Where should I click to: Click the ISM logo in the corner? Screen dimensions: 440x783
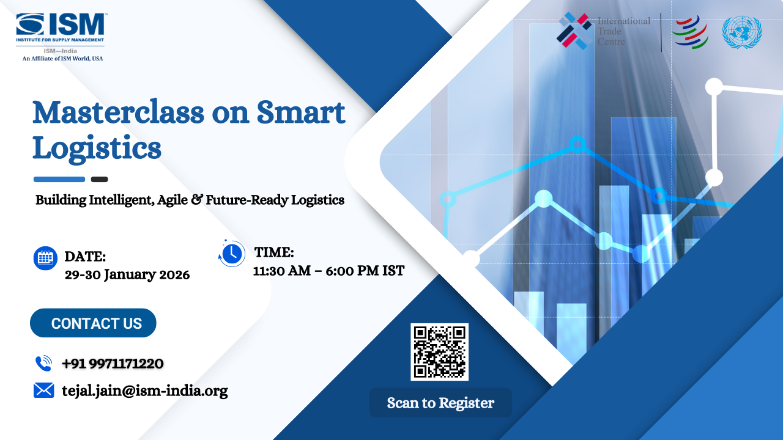coord(61,28)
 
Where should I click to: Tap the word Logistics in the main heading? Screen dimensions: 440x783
coord(97,148)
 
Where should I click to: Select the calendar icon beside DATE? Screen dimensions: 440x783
coord(45,258)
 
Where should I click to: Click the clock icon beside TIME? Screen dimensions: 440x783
coord(231,254)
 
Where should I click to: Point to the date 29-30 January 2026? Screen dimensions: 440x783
coord(127,275)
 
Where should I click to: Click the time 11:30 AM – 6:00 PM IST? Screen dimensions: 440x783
coord(328,271)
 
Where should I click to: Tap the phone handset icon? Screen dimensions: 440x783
coord(43,364)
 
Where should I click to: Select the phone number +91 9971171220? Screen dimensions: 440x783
coord(113,364)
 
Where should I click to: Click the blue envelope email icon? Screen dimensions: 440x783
coord(43,391)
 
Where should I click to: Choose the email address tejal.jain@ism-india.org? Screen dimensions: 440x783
coord(145,391)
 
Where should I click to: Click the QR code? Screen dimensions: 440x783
coord(439,351)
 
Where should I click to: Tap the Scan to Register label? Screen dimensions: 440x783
coord(440,403)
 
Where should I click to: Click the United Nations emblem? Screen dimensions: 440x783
coord(741,32)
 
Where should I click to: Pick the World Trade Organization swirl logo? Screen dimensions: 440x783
coord(689,32)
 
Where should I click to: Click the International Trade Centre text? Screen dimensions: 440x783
coord(623,31)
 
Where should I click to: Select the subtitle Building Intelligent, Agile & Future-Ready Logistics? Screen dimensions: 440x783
coord(190,200)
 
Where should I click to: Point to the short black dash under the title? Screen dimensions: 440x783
coord(99,180)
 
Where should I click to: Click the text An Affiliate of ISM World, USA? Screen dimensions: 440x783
coord(62,59)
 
